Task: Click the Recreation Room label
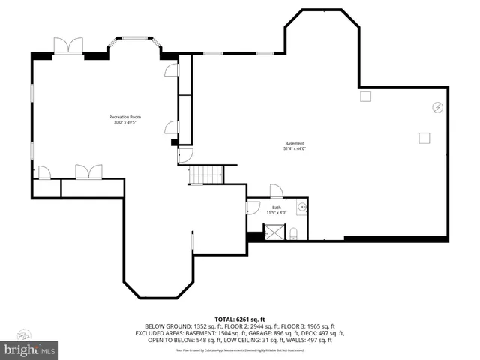125,117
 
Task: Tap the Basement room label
295,143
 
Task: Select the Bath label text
277,207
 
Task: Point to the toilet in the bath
295,232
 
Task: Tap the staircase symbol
205,175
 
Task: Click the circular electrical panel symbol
436,107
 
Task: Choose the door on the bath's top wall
276,191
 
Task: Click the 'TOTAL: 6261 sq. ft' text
239,319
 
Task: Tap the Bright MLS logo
30,349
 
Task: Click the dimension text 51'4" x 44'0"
295,149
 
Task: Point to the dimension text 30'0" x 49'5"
125,123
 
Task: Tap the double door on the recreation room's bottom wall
88,172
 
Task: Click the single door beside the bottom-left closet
44,172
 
